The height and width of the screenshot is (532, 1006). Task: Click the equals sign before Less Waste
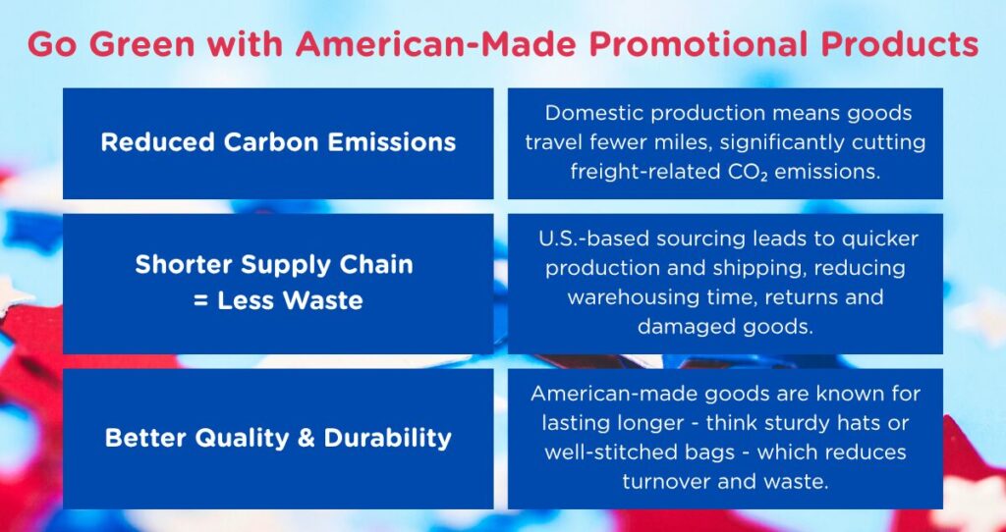pos(202,300)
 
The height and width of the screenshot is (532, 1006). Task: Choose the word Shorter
pos(180,264)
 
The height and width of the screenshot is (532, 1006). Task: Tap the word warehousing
pos(618,296)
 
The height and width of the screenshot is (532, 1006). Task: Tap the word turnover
pos(667,481)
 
